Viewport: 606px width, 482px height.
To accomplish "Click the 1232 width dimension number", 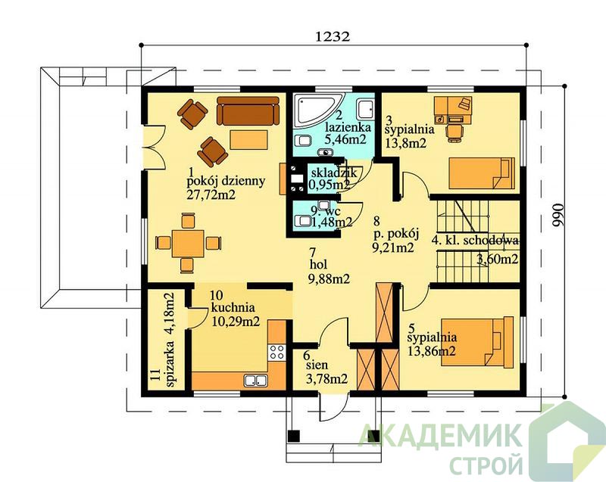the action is (x=333, y=36).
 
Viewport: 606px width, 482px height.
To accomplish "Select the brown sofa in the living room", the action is (x=248, y=110).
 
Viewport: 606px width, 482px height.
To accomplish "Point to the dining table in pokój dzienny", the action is (x=188, y=243).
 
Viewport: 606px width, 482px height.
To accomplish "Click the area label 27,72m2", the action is (x=211, y=194).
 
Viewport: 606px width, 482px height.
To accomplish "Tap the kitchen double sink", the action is (x=256, y=380).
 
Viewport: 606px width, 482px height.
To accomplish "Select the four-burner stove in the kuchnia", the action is (x=276, y=353).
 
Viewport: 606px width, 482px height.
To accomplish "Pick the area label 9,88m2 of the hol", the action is (x=330, y=278).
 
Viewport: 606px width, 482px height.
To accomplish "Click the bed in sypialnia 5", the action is (x=478, y=341).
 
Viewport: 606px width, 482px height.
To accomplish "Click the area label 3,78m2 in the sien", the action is (x=326, y=379).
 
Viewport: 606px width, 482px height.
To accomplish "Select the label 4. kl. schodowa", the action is (x=475, y=241).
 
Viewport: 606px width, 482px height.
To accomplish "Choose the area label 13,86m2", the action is (x=431, y=351).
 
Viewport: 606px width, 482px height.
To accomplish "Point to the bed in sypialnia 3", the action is (x=482, y=173).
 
